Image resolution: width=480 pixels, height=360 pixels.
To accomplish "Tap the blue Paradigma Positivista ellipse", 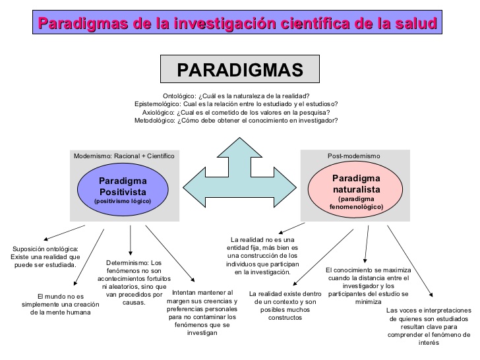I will click(x=123, y=188).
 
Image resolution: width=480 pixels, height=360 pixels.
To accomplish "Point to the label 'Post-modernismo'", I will click(x=353, y=156).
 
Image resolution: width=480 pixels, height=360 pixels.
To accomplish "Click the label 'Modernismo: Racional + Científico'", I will click(x=124, y=156).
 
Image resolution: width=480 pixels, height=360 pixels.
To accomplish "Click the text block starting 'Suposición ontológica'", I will click(x=45, y=256).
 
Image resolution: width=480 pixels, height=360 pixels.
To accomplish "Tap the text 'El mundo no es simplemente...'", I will click(x=69, y=304).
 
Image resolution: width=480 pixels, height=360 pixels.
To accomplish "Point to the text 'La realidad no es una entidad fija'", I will click(x=262, y=255).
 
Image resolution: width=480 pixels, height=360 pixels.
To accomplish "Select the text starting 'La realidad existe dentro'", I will click(x=285, y=305).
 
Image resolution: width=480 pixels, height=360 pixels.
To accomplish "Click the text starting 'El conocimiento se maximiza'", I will click(x=368, y=285).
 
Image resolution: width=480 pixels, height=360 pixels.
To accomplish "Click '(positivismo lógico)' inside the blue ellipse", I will click(x=123, y=200).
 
